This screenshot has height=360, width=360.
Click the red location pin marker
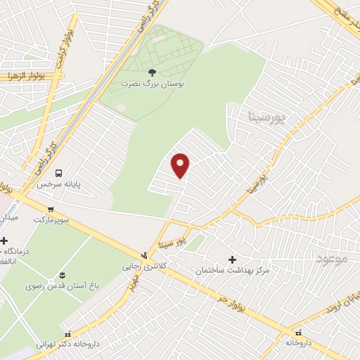(x=181, y=165)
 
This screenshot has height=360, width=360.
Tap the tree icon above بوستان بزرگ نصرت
(x=152, y=72)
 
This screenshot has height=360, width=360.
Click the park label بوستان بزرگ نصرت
(x=152, y=83)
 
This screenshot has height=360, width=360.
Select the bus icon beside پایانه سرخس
(x=58, y=173)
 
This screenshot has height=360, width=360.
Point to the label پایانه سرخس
(x=59, y=184)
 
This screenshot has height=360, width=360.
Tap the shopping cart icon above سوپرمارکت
(x=51, y=209)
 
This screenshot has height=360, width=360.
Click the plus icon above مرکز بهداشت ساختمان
(x=233, y=259)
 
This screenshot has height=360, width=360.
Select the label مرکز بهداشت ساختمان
(x=233, y=270)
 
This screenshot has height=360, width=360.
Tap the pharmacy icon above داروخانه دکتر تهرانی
(x=67, y=335)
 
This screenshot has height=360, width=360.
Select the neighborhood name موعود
(x=332, y=259)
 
